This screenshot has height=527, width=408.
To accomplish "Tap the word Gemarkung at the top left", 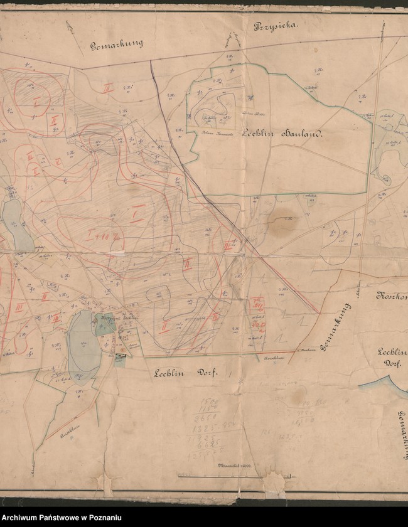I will [x=117, y=44].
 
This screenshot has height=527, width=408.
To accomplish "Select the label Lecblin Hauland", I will [x=281, y=141].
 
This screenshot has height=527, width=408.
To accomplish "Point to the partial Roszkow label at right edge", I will [x=392, y=295].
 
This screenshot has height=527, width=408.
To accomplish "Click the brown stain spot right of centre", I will [x=281, y=219].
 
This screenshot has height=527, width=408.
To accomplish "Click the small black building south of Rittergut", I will [x=119, y=358].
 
